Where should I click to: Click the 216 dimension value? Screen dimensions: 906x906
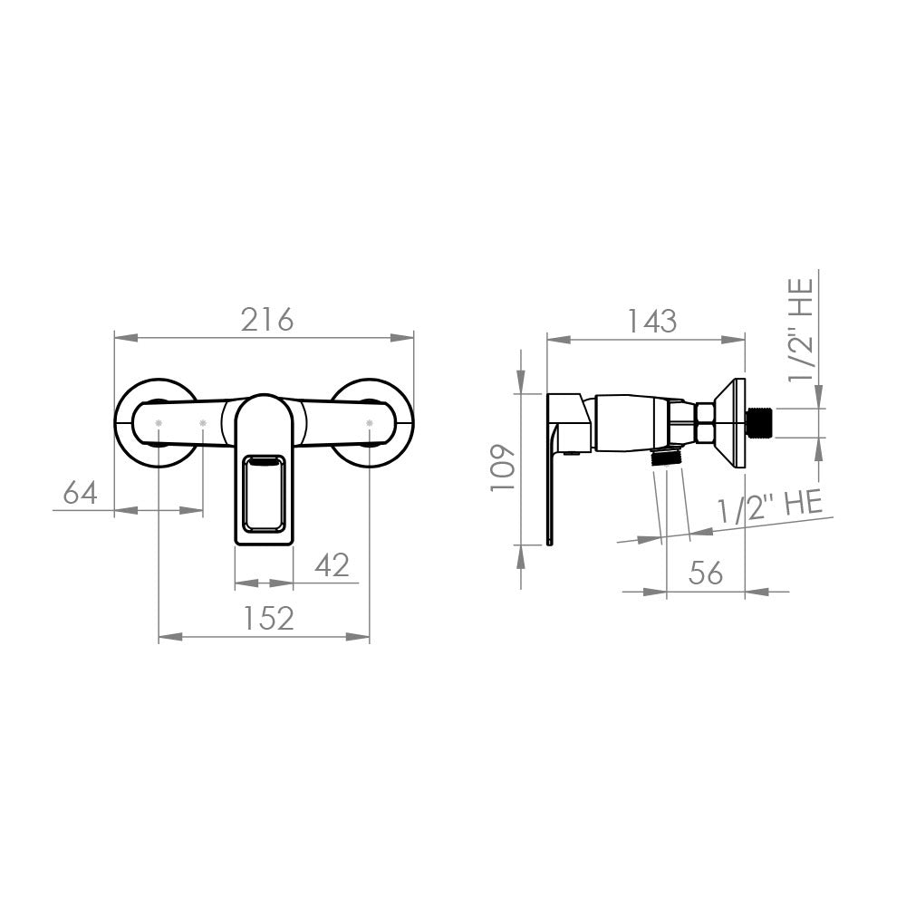coord(267,320)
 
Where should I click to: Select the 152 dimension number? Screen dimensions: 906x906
coord(268,618)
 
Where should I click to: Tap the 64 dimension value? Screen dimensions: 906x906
coord(81,493)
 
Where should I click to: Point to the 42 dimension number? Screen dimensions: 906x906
coord(333,565)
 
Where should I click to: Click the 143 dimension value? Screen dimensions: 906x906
coord(651,321)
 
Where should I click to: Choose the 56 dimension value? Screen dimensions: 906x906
coord(706,572)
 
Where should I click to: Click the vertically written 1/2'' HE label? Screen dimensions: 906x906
coord(802,330)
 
